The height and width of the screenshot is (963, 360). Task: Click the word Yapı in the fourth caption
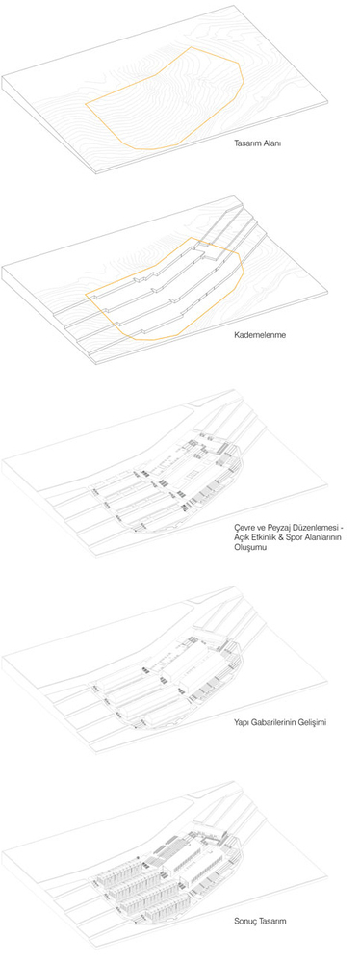241,722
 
